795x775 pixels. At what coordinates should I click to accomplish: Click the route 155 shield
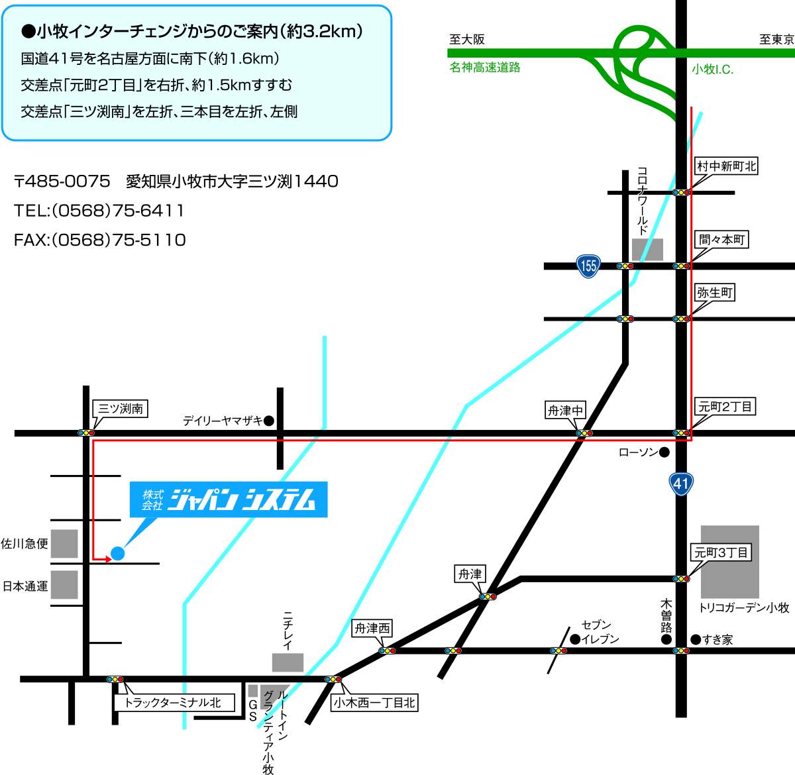[x=588, y=266]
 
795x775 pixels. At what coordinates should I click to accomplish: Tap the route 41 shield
[x=680, y=484]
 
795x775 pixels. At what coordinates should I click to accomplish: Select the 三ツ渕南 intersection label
[x=121, y=409]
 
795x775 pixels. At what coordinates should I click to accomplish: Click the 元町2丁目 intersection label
[x=725, y=407]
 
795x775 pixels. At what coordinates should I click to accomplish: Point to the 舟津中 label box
[x=565, y=410]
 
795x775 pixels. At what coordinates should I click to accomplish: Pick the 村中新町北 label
[x=726, y=166]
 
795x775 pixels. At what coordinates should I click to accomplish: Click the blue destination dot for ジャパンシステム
[x=118, y=554]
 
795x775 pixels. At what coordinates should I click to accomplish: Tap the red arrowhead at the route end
[x=108, y=559]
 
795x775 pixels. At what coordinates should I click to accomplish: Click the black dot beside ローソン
[x=664, y=452]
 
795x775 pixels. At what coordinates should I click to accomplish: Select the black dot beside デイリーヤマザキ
[x=269, y=421]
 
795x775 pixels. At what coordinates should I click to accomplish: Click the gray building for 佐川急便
[x=64, y=544]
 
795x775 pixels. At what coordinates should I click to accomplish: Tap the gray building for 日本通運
[x=64, y=585]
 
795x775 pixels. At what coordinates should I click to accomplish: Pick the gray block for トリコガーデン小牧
[x=730, y=562]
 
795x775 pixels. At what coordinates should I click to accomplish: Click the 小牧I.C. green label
[x=712, y=69]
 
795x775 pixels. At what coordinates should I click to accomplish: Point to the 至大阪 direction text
[x=467, y=39]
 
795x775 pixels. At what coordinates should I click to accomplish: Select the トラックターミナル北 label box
[x=174, y=702]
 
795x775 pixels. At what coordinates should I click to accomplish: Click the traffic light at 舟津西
[x=388, y=650]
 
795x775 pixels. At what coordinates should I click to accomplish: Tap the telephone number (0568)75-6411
[x=118, y=211]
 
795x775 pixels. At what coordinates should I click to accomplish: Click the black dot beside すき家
[x=696, y=639]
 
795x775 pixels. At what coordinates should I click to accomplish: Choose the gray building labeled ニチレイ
[x=288, y=662]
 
